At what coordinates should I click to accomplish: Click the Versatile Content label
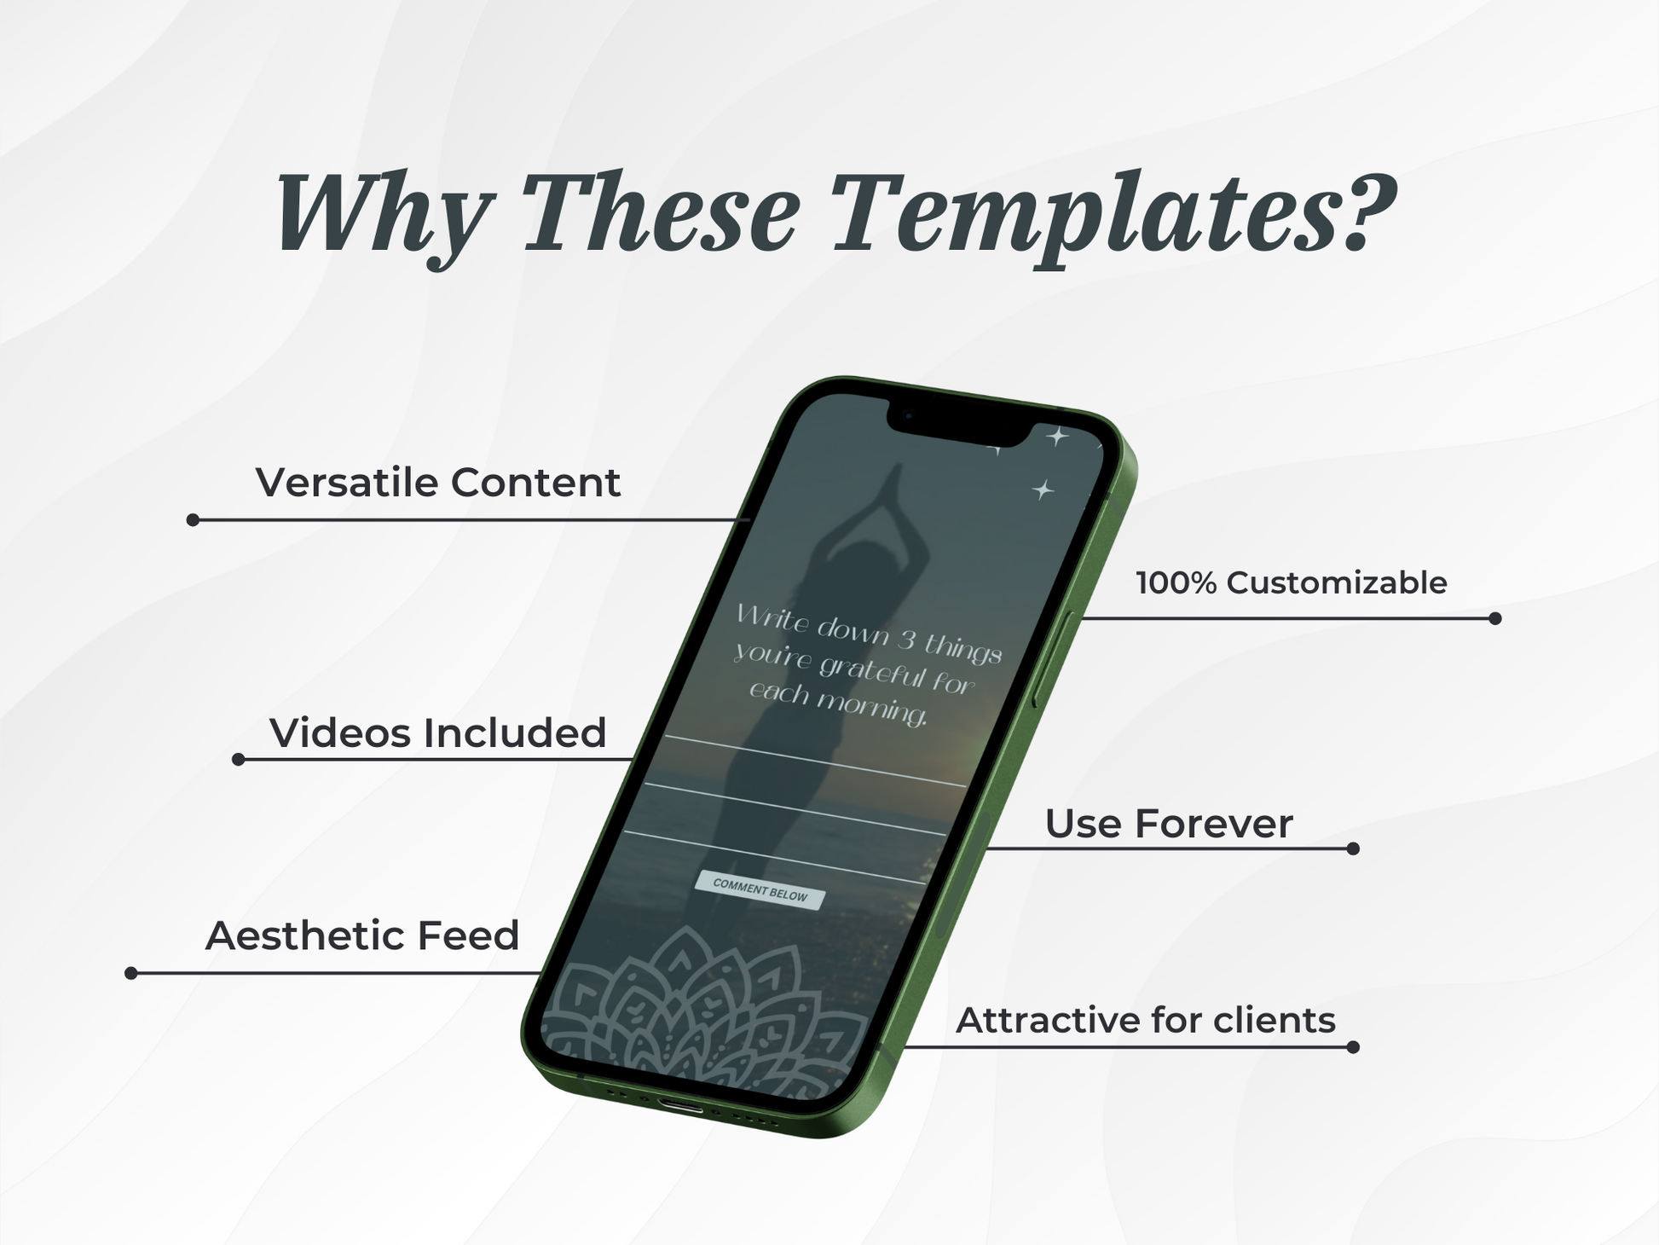click(x=438, y=483)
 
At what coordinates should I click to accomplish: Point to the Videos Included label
click(x=438, y=733)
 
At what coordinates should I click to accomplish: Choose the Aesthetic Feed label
click(x=362, y=935)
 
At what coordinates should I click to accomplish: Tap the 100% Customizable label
click(x=1291, y=583)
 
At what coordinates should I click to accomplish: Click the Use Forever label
click(x=1169, y=824)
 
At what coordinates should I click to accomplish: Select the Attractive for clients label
click(x=1145, y=1020)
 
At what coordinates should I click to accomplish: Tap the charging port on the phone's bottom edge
click(x=681, y=1106)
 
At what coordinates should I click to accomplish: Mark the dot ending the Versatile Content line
click(x=193, y=520)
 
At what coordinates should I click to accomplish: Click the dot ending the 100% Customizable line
click(x=1494, y=618)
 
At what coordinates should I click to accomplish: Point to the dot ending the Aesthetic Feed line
click(x=131, y=973)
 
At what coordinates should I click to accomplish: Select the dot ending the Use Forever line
click(x=1353, y=848)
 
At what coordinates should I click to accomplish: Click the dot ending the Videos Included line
click(x=239, y=759)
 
